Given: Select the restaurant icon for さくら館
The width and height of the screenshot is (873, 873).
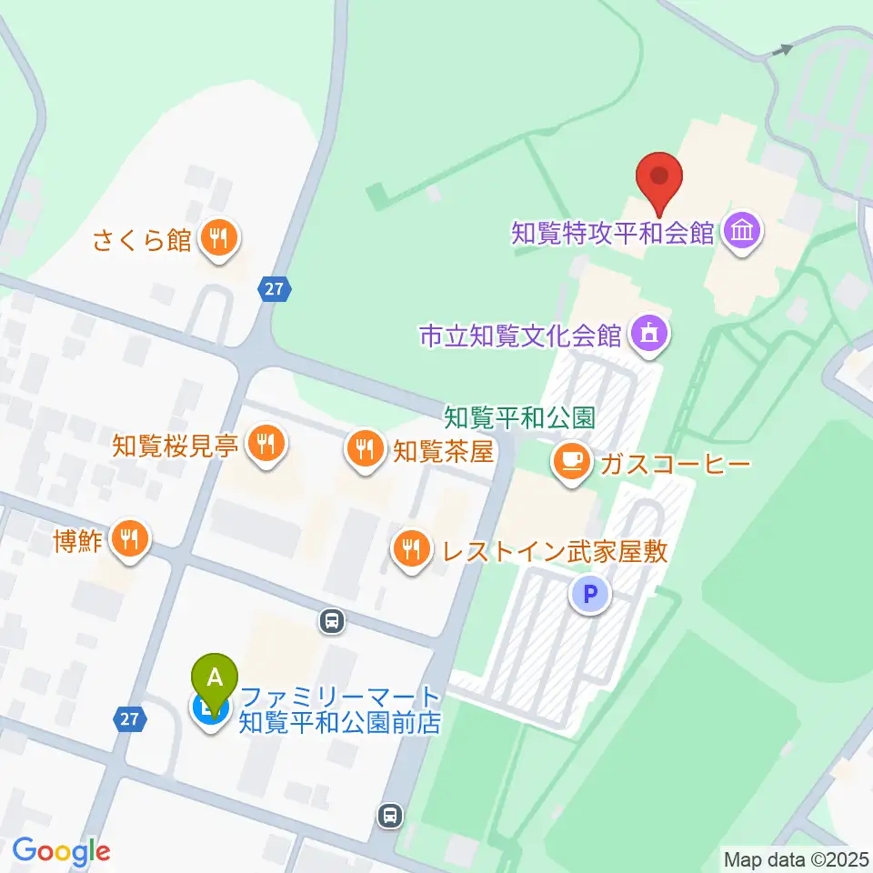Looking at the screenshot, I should (x=218, y=239).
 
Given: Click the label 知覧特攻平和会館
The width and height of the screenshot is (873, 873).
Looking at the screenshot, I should (x=612, y=233).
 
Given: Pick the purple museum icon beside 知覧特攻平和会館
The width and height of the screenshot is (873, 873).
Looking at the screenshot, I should (x=744, y=233).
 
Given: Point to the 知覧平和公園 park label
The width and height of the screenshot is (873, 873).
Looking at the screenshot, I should (x=519, y=417).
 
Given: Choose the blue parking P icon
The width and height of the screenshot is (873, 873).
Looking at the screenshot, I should (x=590, y=596).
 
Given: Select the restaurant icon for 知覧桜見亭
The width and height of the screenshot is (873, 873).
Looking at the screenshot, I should (x=266, y=445).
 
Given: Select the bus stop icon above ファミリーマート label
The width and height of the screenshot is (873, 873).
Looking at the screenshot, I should (x=332, y=622).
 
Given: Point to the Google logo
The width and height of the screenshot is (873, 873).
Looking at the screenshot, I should (x=61, y=851).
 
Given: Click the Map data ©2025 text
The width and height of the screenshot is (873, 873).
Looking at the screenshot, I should (x=795, y=858).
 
